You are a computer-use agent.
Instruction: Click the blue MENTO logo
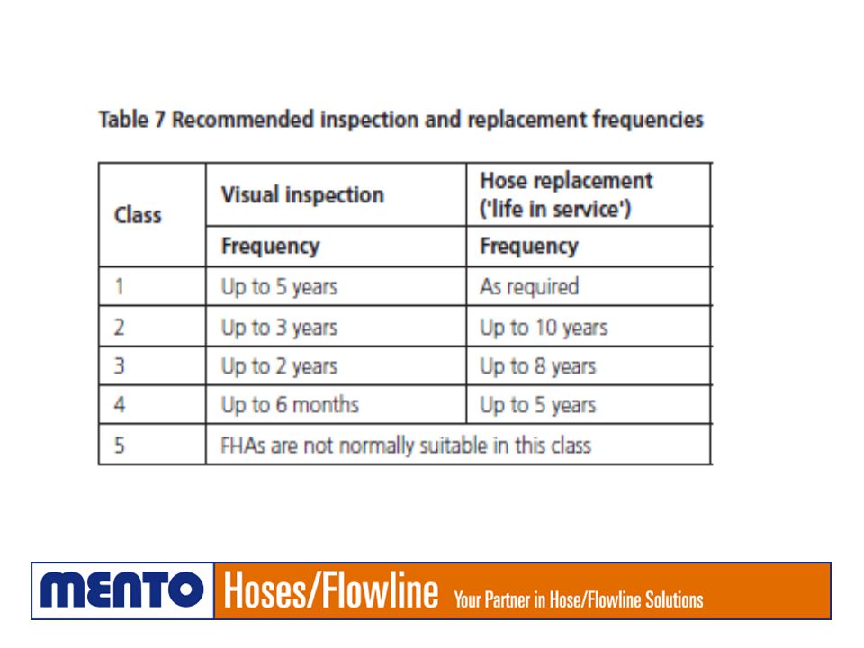pos(122,590)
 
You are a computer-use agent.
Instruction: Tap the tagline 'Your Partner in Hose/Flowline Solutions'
pos(579,599)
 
